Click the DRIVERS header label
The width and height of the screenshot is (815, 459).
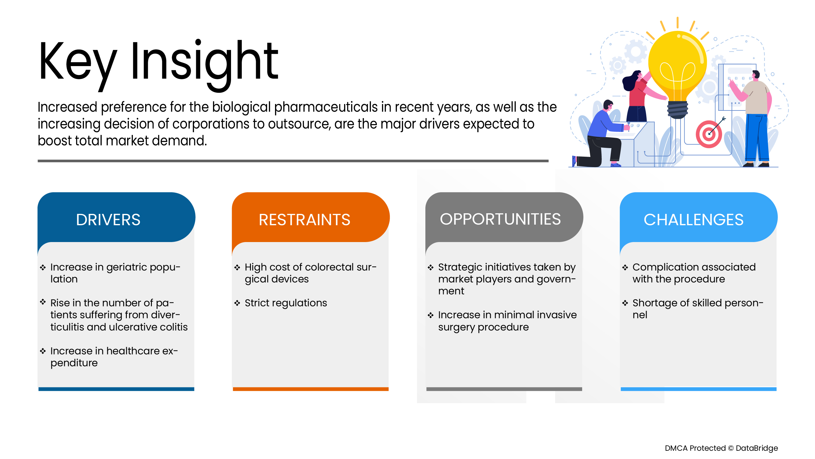click(x=108, y=219)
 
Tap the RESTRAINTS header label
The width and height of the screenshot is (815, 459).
click(x=304, y=219)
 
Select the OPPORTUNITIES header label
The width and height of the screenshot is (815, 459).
click(x=500, y=219)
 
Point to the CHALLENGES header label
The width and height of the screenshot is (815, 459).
click(x=693, y=219)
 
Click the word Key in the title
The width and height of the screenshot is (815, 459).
click(x=78, y=65)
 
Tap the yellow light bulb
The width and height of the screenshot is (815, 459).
click(x=677, y=74)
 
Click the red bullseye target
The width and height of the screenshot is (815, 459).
click(x=709, y=134)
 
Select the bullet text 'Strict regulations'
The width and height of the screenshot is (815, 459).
click(x=286, y=303)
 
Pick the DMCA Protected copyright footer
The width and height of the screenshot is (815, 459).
click(x=721, y=448)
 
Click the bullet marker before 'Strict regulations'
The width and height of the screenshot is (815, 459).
click(x=237, y=303)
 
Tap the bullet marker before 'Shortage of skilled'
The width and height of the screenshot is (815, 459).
click(x=625, y=303)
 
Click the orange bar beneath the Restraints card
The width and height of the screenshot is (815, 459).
click(x=311, y=389)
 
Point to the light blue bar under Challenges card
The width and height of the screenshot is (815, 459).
click(x=699, y=389)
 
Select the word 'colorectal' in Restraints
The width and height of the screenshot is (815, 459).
click(x=327, y=267)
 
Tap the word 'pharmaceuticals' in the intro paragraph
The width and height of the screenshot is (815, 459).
click(x=325, y=107)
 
